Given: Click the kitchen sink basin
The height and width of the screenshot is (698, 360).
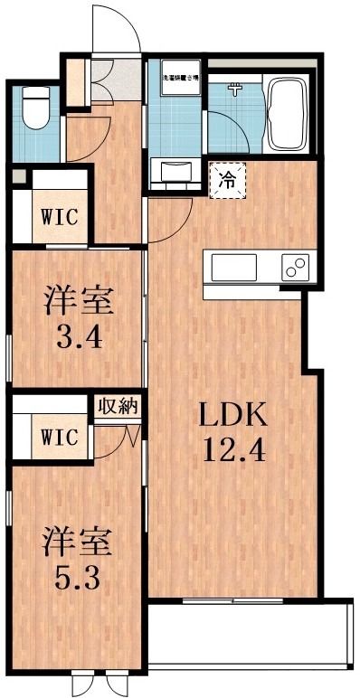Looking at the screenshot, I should (x=235, y=268).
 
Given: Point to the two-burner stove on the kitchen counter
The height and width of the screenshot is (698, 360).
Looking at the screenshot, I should (x=294, y=268).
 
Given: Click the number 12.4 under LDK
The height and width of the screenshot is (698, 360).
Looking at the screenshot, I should (x=232, y=450).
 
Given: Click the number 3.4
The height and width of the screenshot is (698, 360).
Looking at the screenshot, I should (x=78, y=341).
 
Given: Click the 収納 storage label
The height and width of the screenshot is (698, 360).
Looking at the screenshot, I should (x=118, y=406).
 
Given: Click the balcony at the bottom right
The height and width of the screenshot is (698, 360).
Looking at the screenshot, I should (x=249, y=637).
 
